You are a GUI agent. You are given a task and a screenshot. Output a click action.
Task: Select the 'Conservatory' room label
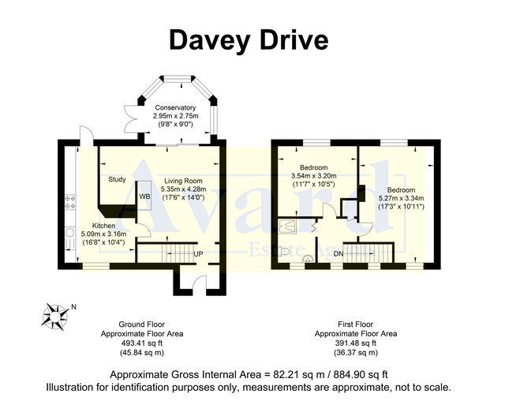(x=175, y=107)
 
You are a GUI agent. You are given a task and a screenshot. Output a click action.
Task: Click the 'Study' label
(x=117, y=179)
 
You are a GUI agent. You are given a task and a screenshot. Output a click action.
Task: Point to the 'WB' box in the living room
(x=144, y=196)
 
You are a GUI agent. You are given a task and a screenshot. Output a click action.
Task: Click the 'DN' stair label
(x=338, y=253)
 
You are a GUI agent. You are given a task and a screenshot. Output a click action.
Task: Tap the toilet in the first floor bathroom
(x=307, y=257)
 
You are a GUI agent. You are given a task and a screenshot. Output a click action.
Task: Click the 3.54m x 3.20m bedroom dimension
(x=313, y=176)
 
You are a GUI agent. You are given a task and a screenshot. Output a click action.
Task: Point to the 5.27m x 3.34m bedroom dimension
(x=402, y=198)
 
